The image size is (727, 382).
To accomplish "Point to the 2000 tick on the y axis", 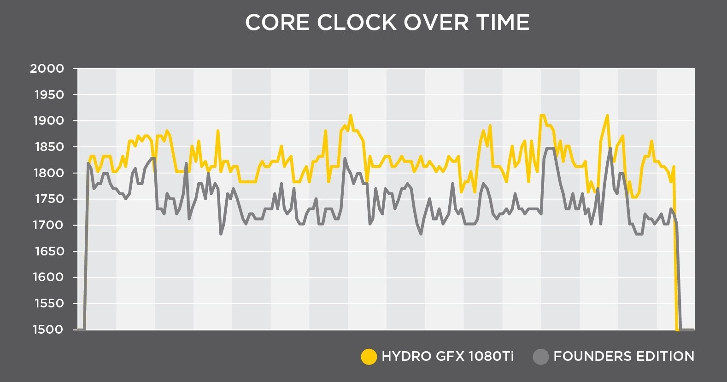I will click(x=47, y=69).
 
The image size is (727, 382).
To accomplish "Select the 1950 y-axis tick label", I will click(x=49, y=95).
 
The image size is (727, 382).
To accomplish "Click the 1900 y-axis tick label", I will click(x=49, y=121).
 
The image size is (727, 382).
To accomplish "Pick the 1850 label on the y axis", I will click(x=49, y=147).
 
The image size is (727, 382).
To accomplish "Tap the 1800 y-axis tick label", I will click(x=49, y=173).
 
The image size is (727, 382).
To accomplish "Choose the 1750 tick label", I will click(x=49, y=199).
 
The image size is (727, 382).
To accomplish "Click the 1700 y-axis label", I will click(x=49, y=225).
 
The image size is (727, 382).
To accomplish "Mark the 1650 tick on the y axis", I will click(x=49, y=251).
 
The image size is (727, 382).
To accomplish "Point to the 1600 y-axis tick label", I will click(x=49, y=277).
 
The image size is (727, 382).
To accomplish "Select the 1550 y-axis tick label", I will click(x=49, y=303).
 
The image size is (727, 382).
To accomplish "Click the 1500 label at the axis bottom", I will click(x=48, y=330).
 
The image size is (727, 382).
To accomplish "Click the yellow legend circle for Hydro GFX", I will click(x=369, y=357).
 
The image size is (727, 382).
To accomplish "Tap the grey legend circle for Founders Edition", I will click(x=540, y=357).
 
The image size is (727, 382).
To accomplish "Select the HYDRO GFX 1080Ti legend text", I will click(x=447, y=356).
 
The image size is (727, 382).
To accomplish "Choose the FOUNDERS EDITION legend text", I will click(x=624, y=356).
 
